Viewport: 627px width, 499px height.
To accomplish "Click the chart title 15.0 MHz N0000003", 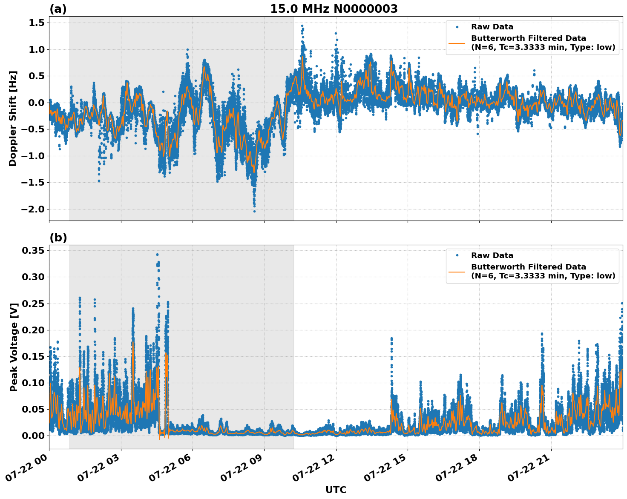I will click(x=334, y=9).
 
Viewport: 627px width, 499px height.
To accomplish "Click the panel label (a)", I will click(x=58, y=9).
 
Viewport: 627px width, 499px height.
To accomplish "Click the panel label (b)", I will click(x=58, y=238).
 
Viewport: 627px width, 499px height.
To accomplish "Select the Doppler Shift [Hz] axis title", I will click(x=13, y=118).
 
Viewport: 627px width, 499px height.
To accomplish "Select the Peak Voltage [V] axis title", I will click(x=14, y=347).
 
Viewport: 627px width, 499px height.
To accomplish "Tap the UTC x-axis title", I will click(x=336, y=490).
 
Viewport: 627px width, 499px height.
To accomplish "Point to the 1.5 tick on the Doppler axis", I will click(x=36, y=23).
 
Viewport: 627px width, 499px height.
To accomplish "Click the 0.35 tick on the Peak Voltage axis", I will click(x=33, y=250).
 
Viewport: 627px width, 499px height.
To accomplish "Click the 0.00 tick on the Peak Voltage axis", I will click(x=33, y=436).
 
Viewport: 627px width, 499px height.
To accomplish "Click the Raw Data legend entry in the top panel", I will click(x=492, y=27).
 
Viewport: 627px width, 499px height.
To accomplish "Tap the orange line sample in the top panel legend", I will click(x=457, y=43).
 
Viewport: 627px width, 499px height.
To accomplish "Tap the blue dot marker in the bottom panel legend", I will click(x=457, y=255).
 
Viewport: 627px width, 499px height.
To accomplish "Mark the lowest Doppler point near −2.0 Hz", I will click(x=255, y=211).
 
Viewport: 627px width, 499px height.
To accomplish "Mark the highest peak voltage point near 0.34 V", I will click(x=157, y=255).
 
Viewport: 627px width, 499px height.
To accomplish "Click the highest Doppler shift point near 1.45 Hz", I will click(x=302, y=26).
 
